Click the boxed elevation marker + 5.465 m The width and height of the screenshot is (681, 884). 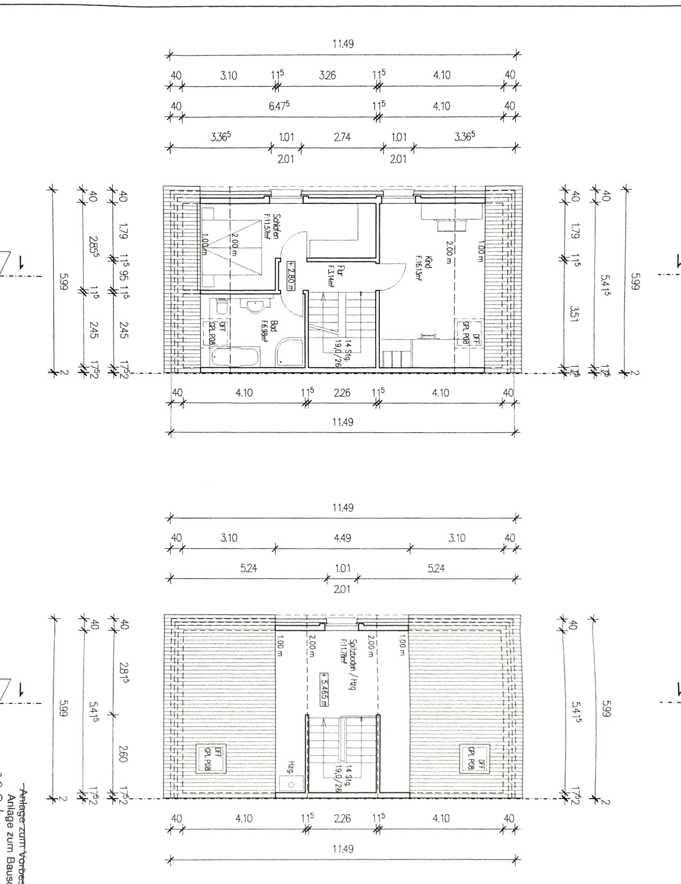tap(324, 689)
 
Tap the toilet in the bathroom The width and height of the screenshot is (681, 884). tap(221, 307)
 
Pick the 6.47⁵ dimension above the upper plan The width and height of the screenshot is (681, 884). tap(279, 106)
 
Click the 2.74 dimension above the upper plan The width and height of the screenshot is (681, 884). tap(342, 137)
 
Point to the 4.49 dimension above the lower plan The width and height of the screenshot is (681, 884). tap(343, 538)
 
